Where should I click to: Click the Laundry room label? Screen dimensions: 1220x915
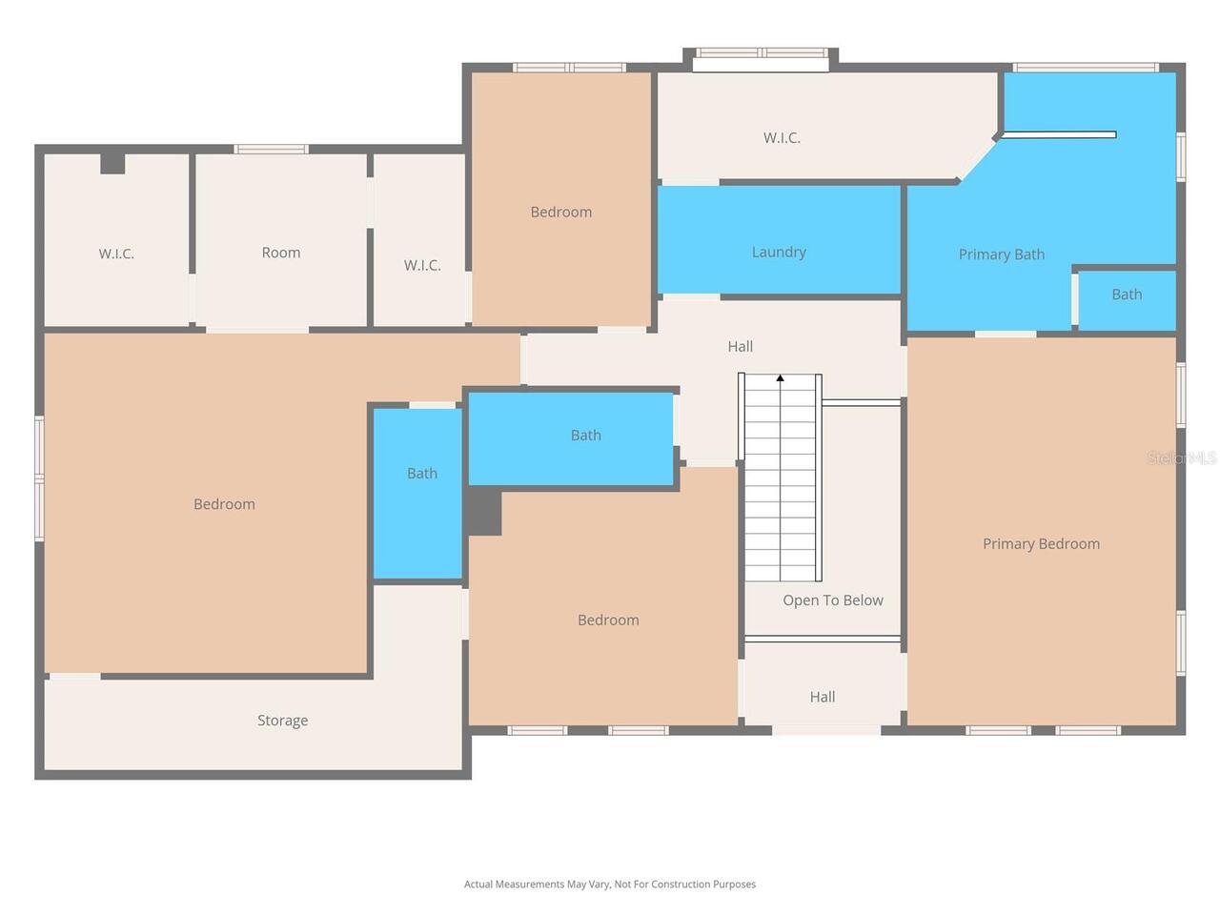[x=778, y=253]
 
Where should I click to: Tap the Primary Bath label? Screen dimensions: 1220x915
[x=1001, y=254]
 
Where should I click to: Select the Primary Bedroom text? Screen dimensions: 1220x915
[x=1041, y=544]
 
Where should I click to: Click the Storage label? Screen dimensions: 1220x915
[x=282, y=721]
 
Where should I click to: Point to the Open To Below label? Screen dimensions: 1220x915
[x=833, y=600]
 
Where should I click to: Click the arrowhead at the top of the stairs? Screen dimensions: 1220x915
[x=780, y=378]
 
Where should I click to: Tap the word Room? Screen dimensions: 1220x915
[x=280, y=253]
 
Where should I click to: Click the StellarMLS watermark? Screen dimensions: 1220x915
[x=1181, y=457]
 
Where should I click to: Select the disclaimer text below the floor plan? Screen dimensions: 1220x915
[x=610, y=884]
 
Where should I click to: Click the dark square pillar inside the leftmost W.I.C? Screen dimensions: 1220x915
[x=112, y=164]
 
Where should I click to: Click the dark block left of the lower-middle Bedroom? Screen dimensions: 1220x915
[x=483, y=511]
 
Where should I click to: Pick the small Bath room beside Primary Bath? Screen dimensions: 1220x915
[x=1126, y=300]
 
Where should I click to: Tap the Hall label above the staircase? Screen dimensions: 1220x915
[x=741, y=347]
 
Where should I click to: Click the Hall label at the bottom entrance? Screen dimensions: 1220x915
[x=822, y=698]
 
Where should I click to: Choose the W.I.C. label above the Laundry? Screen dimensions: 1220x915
[x=782, y=138]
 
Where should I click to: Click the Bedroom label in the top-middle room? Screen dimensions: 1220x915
[x=560, y=213]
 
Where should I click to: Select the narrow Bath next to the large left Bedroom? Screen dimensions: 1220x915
[x=417, y=494]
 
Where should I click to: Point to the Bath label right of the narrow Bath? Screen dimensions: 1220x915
[x=586, y=435]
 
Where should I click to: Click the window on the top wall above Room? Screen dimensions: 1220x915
[x=271, y=149]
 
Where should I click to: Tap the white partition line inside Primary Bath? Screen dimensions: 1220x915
[x=1059, y=134]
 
